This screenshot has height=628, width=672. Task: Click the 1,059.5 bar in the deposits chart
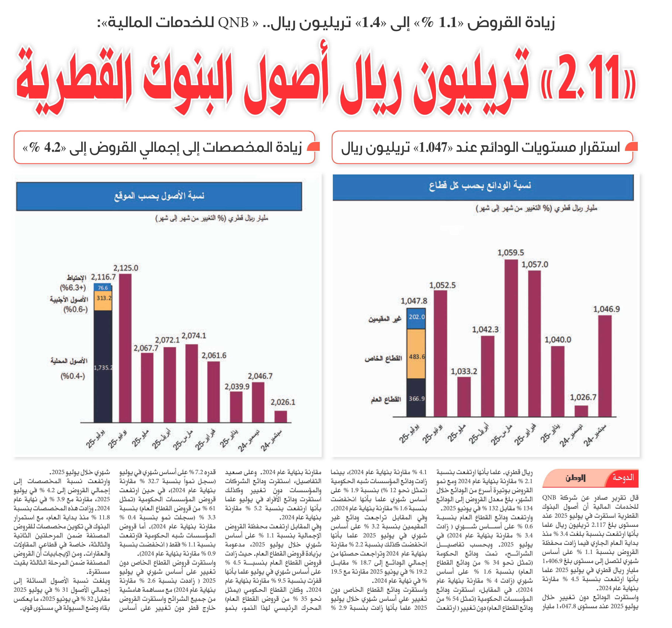(511, 338)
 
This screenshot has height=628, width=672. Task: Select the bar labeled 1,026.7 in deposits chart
(581, 411)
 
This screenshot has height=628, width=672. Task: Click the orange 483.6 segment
(416, 354)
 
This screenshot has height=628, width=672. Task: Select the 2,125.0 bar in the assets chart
(125, 348)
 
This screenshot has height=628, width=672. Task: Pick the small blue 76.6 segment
(103, 288)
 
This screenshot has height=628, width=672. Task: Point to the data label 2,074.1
(194, 336)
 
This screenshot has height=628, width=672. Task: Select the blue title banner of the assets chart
(159, 196)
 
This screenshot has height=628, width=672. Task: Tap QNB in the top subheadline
(233, 23)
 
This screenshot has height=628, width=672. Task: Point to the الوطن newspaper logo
(575, 478)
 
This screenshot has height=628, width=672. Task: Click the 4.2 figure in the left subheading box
(52, 148)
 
